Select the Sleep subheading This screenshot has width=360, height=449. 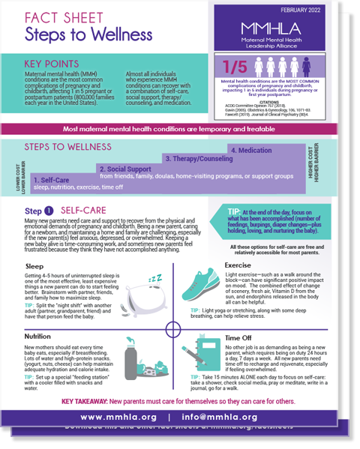point(34,265)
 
